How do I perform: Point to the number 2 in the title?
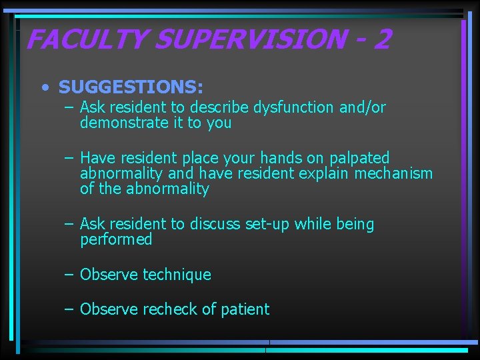381,40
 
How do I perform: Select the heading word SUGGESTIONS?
131,87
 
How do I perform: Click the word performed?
116,240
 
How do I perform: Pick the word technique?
177,275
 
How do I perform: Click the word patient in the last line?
246,309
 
